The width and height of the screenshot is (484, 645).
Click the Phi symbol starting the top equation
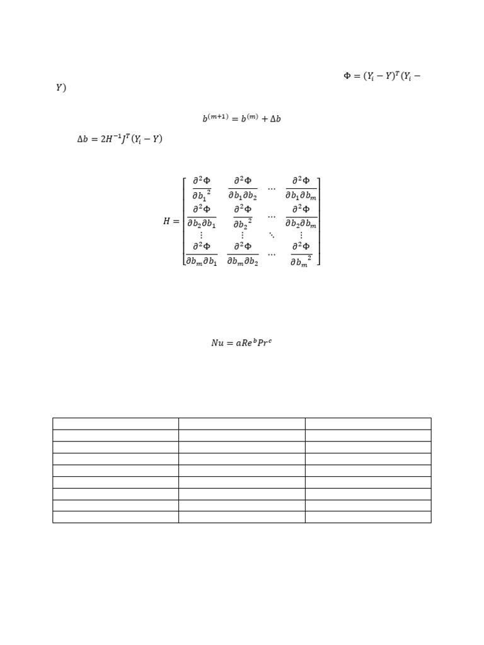point(347,76)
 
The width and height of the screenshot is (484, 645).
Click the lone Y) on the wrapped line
point(61,88)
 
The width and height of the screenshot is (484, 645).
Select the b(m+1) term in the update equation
point(216,118)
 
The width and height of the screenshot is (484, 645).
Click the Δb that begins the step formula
point(83,139)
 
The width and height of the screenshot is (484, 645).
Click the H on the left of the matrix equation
point(166,221)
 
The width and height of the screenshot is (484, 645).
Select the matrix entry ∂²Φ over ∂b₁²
point(202,188)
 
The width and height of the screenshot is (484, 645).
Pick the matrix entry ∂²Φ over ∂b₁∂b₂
point(243,188)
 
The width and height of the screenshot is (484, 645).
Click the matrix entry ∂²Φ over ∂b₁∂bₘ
point(301,188)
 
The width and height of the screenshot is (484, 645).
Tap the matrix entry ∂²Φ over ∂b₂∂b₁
point(202,217)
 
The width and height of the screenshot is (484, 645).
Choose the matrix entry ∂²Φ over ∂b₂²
point(243,217)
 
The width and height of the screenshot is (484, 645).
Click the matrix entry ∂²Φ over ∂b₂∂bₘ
point(301,217)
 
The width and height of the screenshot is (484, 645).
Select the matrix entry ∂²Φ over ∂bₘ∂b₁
point(202,254)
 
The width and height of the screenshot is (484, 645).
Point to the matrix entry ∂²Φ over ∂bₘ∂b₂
point(243,254)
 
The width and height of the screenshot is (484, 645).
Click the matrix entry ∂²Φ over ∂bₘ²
point(301,254)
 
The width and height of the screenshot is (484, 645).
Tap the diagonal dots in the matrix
point(272,235)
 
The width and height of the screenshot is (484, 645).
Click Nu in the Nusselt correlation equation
point(217,343)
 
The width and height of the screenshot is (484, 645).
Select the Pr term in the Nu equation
point(263,343)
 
